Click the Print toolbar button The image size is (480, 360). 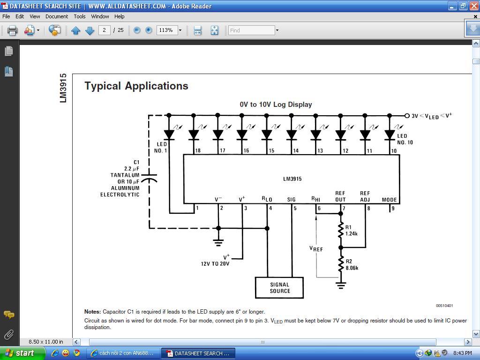click(x=13, y=30)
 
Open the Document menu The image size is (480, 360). click(x=57, y=16)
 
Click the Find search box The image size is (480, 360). click(x=252, y=30)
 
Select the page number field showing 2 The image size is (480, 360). click(x=105, y=30)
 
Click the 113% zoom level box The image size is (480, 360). click(x=167, y=30)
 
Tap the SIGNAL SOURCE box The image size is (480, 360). click(x=279, y=288)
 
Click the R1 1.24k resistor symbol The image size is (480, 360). click(x=341, y=230)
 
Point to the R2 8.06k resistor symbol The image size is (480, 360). click(x=341, y=264)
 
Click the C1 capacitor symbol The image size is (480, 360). click(x=149, y=178)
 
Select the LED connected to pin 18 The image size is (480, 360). click(x=194, y=135)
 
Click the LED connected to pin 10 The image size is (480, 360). click(x=390, y=135)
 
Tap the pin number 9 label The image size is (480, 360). click(x=393, y=208)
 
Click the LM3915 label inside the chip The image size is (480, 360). click(x=292, y=179)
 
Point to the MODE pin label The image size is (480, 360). click(x=390, y=200)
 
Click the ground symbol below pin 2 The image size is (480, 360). click(x=218, y=243)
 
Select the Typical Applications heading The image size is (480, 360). click(x=136, y=86)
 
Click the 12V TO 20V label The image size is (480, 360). click(x=215, y=263)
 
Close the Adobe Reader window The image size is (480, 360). click(x=474, y=6)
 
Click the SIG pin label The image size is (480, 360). click(x=292, y=200)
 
